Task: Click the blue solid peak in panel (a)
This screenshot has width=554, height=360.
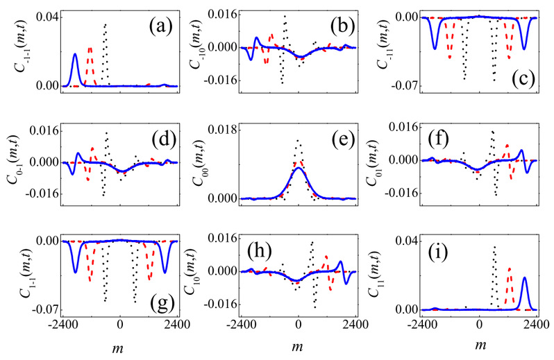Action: pos(75,54)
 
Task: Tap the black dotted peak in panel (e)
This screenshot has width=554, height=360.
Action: pos(299,141)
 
